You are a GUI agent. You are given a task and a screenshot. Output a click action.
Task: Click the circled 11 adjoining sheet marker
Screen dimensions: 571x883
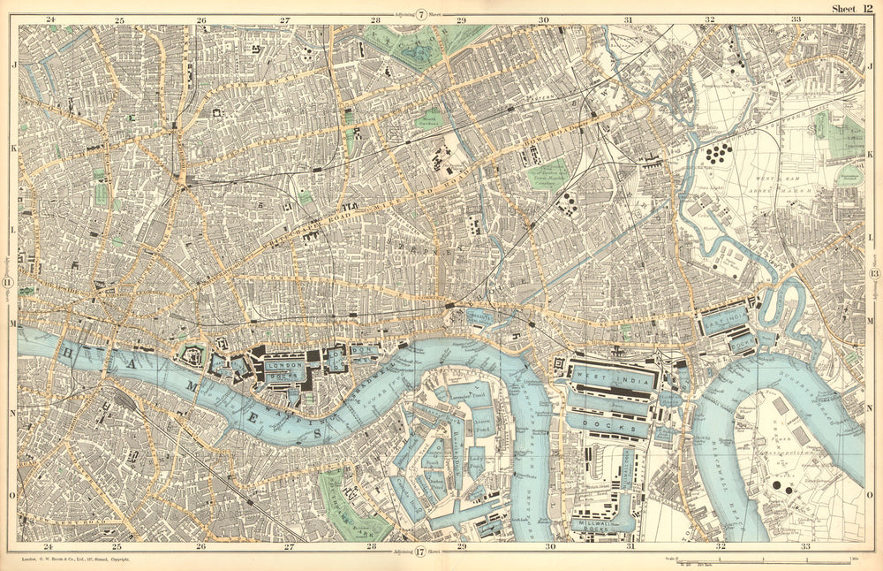[8, 282]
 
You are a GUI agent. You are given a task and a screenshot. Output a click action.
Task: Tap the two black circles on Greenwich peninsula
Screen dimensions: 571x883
[781, 486]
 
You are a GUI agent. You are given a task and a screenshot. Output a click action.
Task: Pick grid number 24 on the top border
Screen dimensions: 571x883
[50, 19]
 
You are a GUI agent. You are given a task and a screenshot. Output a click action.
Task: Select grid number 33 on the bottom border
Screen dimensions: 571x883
[804, 547]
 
